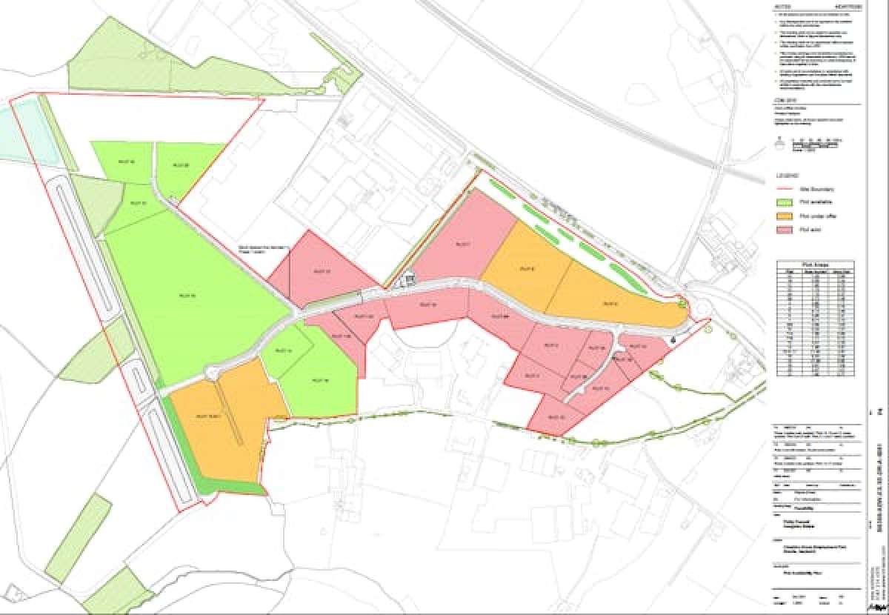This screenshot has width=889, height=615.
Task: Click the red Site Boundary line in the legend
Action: pos(784,190)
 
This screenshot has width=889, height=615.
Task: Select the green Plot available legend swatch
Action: pos(784,202)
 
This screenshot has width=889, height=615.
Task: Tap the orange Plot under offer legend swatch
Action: pos(784,216)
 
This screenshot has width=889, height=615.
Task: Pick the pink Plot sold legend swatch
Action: pos(784,230)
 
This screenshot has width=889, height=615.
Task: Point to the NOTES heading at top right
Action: pos(782,7)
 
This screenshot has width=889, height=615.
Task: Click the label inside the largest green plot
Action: pos(187,296)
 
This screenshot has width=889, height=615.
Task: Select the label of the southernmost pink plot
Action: pos(555,416)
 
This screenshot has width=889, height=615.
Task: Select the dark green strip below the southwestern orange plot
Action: pos(222,485)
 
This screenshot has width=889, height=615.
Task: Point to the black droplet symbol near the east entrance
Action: pos(673,339)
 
